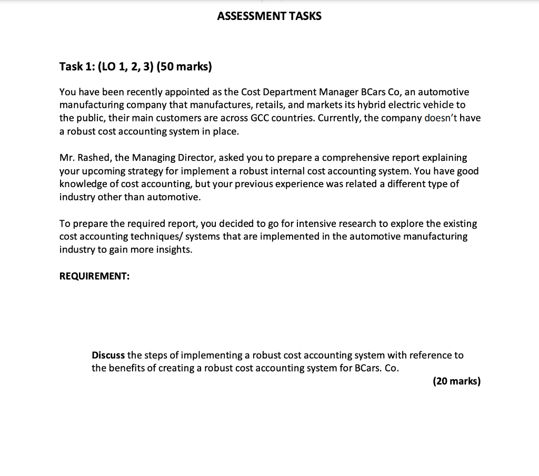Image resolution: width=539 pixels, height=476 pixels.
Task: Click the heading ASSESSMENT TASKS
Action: (x=269, y=16)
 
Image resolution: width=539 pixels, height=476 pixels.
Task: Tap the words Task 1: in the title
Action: (x=76, y=66)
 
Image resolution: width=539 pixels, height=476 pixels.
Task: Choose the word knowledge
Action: (x=83, y=184)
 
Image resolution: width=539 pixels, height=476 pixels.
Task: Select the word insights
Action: (x=174, y=250)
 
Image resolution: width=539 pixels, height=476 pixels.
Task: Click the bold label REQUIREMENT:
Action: (x=94, y=276)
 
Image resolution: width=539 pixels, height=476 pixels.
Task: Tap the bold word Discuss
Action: (x=108, y=355)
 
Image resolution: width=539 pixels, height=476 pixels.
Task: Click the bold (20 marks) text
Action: (x=456, y=381)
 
